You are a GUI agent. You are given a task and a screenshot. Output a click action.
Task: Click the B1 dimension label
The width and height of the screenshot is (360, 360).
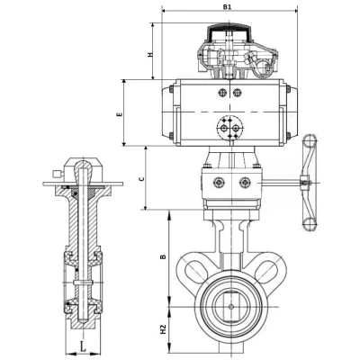pyautogui.click(x=228, y=7)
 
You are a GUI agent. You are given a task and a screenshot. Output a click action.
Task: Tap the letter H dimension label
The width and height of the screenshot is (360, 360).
pyautogui.click(x=150, y=55)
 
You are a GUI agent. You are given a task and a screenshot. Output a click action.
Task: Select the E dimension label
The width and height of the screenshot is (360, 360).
pyautogui.click(x=120, y=114)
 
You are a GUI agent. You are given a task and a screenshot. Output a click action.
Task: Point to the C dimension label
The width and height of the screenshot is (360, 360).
pyautogui.click(x=142, y=179)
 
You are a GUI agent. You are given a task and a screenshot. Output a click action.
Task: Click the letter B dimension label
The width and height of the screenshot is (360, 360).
pyautogui.click(x=163, y=256)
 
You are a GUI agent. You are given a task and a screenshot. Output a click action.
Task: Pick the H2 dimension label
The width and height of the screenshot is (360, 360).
pyautogui.click(x=163, y=329)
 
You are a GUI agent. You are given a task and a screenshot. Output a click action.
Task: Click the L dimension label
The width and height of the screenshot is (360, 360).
pyautogui.click(x=83, y=346)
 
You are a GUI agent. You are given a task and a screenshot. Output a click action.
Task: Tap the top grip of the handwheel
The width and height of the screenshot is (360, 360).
pyautogui.click(x=310, y=140)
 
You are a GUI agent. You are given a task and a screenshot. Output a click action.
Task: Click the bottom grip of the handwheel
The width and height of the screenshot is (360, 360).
pyautogui.click(x=310, y=223)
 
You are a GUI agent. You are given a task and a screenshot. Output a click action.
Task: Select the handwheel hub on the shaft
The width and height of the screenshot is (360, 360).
pyautogui.click(x=306, y=183)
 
